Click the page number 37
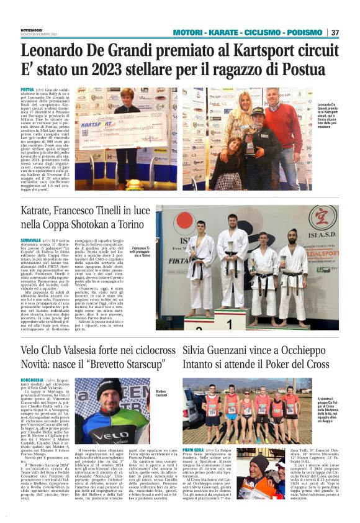pyautogui.click(x=335, y=32)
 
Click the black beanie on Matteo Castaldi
pyautogui.click(x=109, y=388)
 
